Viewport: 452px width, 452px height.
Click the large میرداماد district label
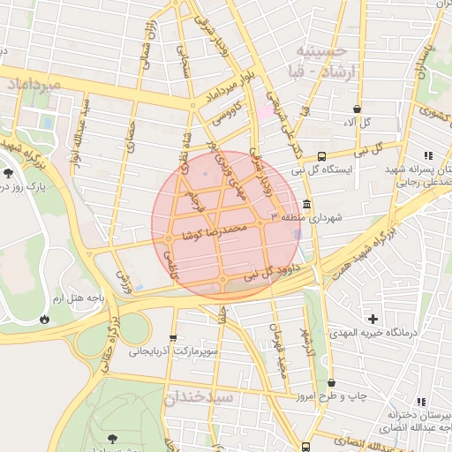(x=34, y=85)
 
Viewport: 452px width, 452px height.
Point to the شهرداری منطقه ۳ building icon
(x=306, y=205)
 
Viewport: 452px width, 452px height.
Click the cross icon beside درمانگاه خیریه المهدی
(x=373, y=318)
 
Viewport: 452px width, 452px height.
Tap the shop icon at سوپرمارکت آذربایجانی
(x=173, y=337)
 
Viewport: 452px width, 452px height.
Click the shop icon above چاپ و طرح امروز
(x=331, y=383)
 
